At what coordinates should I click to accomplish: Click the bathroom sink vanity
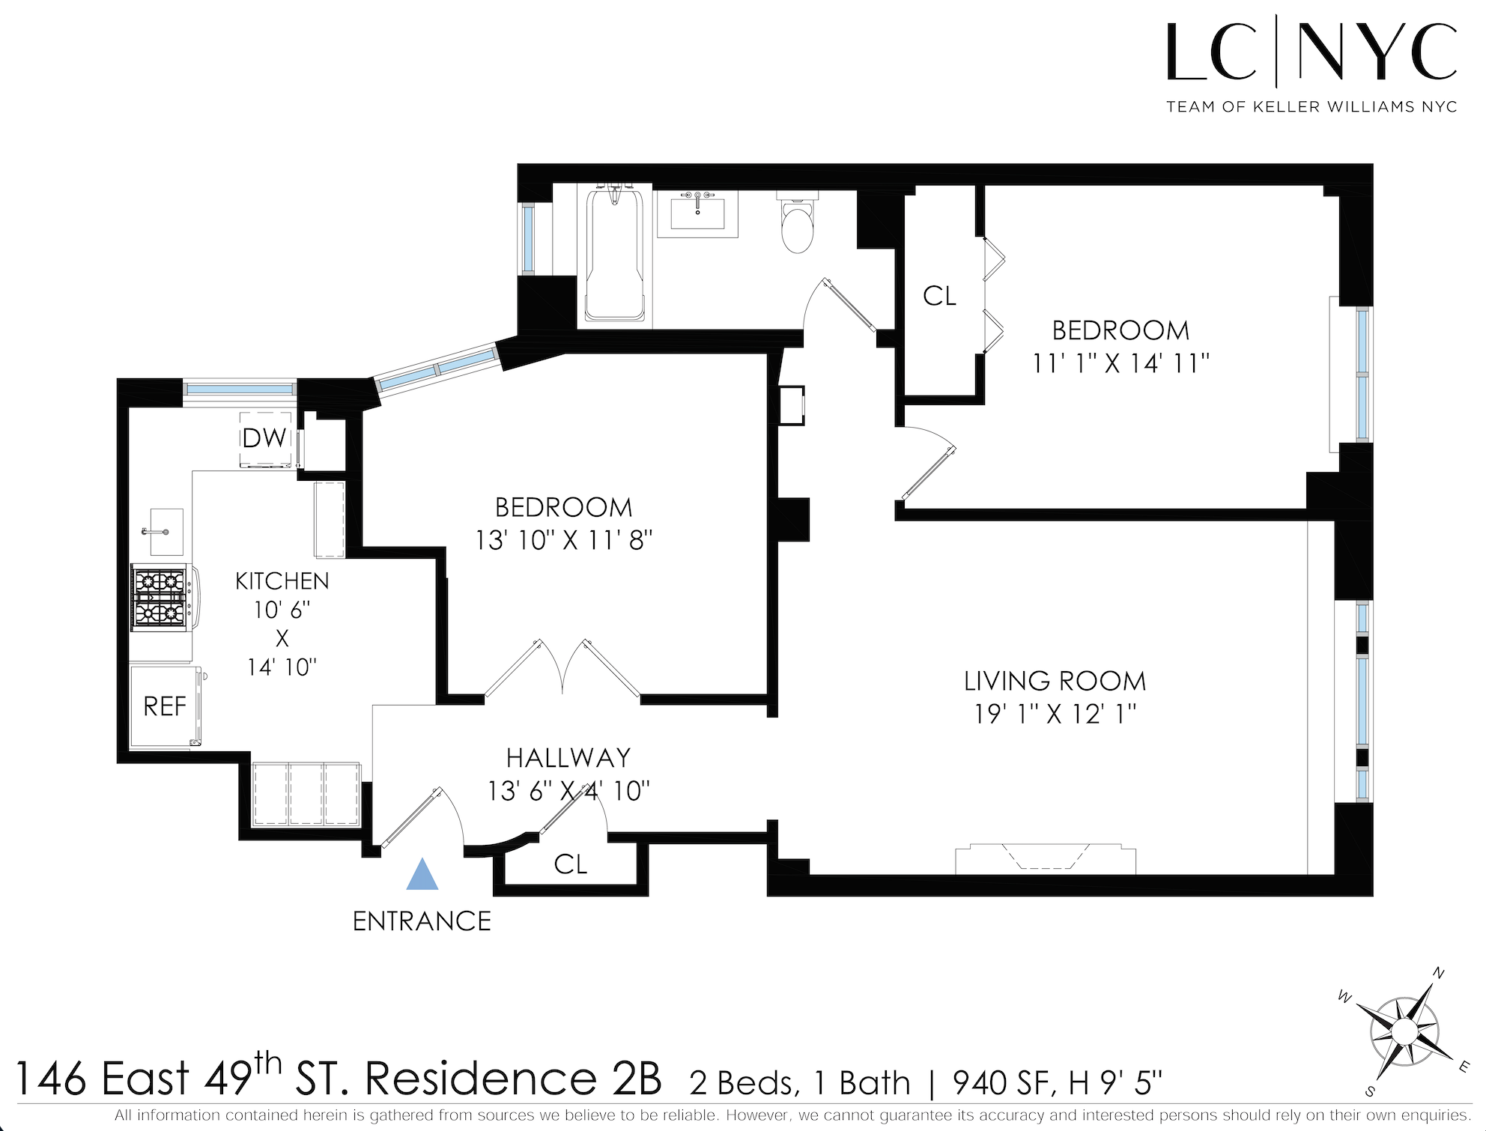pos(697,213)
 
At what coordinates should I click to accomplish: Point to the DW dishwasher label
pos(264,438)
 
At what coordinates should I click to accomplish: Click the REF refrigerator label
pos(165,706)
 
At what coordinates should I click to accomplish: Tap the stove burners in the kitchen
pos(160,597)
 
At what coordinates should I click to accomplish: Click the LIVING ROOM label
pos(1055,681)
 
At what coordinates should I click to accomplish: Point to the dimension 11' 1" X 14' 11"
pos(1120,363)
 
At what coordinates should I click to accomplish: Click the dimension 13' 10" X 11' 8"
pos(564,540)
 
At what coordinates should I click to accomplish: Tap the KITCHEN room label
pos(282,581)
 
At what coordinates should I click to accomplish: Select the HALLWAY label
pos(568,758)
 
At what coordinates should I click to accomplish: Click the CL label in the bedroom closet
pos(939,296)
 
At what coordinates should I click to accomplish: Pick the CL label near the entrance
pos(570,864)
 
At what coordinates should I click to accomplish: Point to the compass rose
pos(1404,1032)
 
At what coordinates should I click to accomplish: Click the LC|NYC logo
pos(1311,54)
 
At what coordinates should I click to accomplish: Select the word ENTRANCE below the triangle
pos(422,921)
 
